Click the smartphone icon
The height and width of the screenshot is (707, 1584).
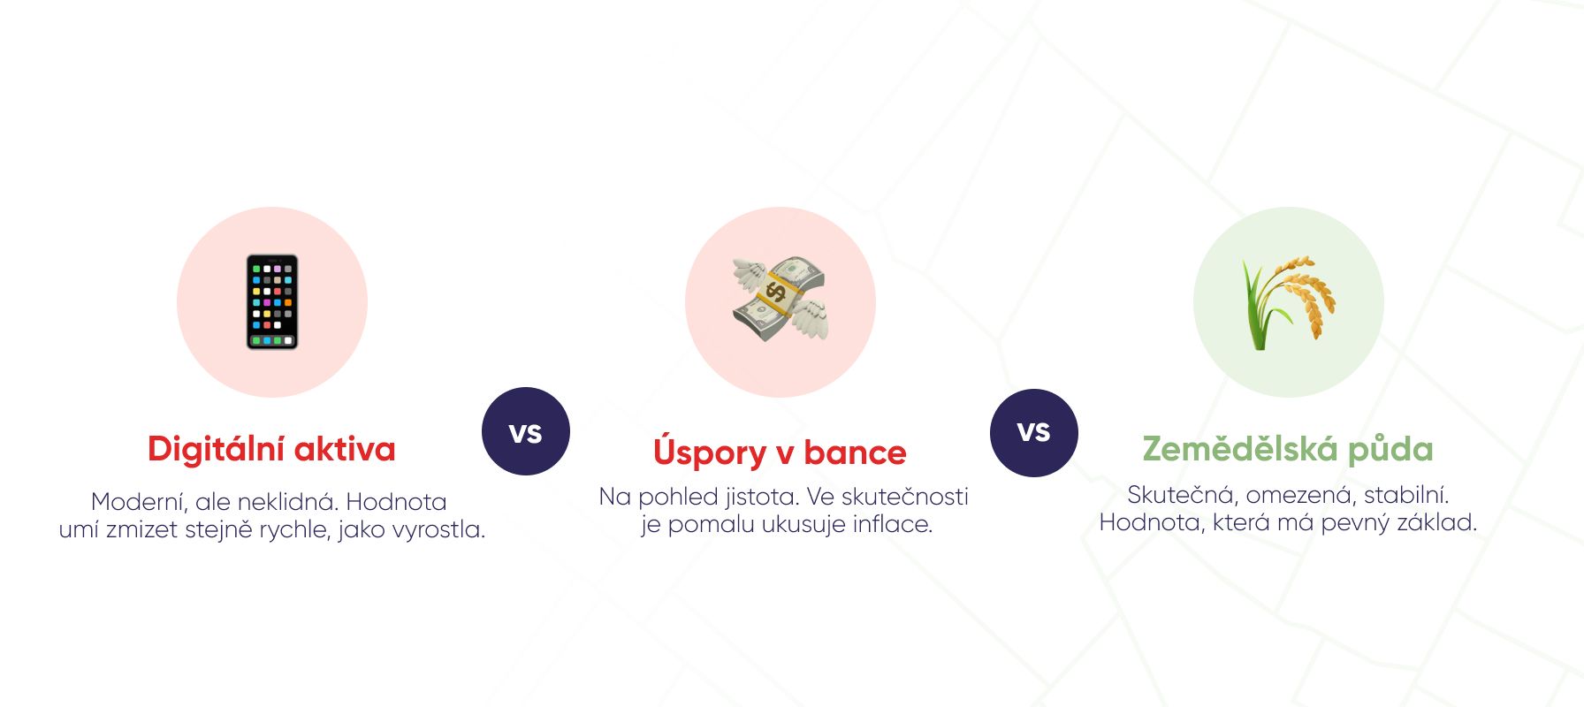(272, 302)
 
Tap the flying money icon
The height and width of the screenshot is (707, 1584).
(780, 300)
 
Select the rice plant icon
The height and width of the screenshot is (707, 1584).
(1288, 302)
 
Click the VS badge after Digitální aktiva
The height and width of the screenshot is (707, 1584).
(526, 431)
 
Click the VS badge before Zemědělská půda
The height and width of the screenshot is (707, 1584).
(1034, 433)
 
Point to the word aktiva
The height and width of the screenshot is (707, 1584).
(345, 449)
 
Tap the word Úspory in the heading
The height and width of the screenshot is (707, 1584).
(710, 452)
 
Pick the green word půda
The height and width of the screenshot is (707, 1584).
(1390, 450)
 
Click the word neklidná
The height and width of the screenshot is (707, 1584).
(288, 502)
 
